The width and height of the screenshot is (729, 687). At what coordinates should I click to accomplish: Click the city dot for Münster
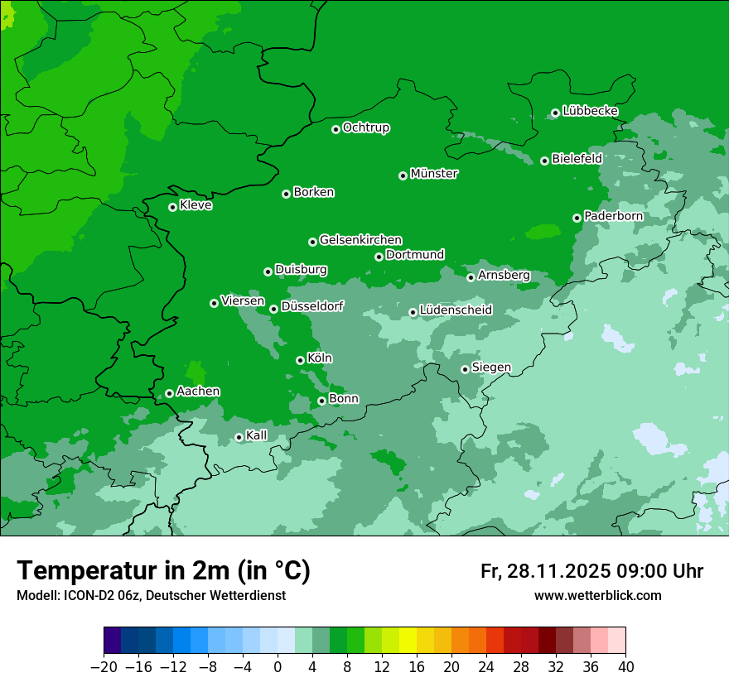(x=403, y=175)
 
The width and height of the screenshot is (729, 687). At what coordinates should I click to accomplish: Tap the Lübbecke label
(x=590, y=111)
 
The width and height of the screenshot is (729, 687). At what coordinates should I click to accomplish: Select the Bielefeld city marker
(x=545, y=161)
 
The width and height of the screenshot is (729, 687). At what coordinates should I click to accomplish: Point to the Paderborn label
(x=613, y=216)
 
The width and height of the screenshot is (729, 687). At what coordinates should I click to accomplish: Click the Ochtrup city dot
(x=336, y=129)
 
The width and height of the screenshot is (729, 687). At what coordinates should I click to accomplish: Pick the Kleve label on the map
(x=196, y=205)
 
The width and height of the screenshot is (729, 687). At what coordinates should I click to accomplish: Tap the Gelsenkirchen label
(x=360, y=240)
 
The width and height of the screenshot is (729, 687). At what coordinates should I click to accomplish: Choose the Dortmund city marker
(x=379, y=257)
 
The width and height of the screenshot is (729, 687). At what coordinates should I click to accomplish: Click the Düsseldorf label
(x=312, y=306)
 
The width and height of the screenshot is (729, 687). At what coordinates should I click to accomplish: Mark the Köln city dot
(x=301, y=360)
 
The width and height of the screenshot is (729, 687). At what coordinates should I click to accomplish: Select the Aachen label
(x=198, y=392)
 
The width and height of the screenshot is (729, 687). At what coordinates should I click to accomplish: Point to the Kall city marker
(x=239, y=437)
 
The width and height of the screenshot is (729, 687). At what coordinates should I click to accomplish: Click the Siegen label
(x=491, y=368)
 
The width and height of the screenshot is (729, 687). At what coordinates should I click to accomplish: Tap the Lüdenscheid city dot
(x=413, y=313)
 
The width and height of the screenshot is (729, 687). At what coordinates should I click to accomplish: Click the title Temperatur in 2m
(x=163, y=571)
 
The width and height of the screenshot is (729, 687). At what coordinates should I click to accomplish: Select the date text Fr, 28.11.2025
(x=544, y=571)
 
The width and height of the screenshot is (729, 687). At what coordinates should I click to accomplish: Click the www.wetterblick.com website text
(x=597, y=596)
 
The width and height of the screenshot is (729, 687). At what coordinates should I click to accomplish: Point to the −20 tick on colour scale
(x=104, y=667)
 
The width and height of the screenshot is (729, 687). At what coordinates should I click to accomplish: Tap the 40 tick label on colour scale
(x=625, y=667)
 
